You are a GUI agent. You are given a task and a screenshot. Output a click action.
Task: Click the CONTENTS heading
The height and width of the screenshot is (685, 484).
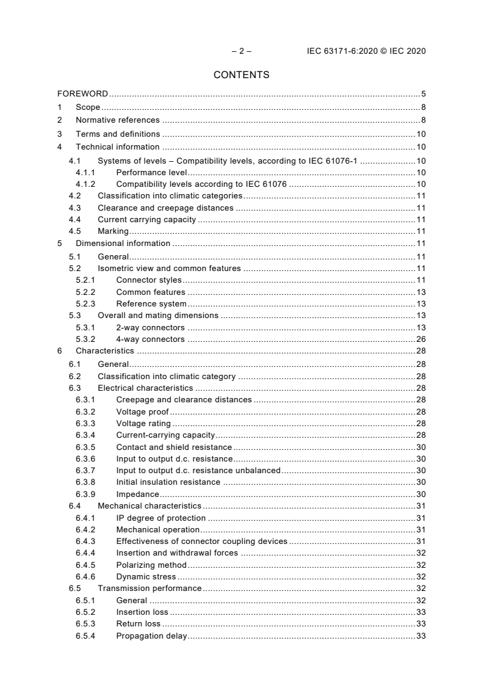(242, 75)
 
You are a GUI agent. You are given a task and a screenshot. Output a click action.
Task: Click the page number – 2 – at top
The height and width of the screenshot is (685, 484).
(242, 51)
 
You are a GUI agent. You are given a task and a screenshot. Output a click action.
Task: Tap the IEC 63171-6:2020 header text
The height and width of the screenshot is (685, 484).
(366, 51)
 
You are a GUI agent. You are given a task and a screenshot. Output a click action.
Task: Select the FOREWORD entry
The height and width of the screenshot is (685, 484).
(82, 94)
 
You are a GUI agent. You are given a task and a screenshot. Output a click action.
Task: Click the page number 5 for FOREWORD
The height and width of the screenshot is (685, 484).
(423, 94)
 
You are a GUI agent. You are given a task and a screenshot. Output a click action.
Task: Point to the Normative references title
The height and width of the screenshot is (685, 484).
(117, 120)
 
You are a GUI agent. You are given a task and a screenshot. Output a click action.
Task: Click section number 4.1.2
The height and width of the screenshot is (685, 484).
(85, 184)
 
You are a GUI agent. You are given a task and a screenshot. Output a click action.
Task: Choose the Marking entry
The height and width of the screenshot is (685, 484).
(113, 231)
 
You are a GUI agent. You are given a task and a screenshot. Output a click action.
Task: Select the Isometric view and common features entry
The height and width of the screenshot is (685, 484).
(169, 268)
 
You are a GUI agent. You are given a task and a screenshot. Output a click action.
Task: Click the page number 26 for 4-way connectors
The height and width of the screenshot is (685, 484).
(421, 339)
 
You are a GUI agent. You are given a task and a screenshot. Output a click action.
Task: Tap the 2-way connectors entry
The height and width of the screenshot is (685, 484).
(150, 328)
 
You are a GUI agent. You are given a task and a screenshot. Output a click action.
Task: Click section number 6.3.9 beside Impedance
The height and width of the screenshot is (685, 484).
(85, 494)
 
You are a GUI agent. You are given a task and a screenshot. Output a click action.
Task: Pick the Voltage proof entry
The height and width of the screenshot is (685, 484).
(142, 411)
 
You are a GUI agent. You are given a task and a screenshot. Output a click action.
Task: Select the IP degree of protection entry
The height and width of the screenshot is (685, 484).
(161, 518)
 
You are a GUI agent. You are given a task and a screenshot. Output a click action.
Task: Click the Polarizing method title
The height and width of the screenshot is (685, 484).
(151, 565)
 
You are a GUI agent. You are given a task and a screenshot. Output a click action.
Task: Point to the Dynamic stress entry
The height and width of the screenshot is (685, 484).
(146, 576)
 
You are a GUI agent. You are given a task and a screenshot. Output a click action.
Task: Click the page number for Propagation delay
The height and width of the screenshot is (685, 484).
(421, 636)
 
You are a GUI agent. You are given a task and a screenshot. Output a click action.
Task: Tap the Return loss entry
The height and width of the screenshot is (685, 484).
(139, 623)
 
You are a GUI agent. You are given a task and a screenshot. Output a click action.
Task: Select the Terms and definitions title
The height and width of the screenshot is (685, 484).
(118, 134)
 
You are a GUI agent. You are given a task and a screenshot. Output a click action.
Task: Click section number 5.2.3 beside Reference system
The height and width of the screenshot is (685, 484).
(85, 304)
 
